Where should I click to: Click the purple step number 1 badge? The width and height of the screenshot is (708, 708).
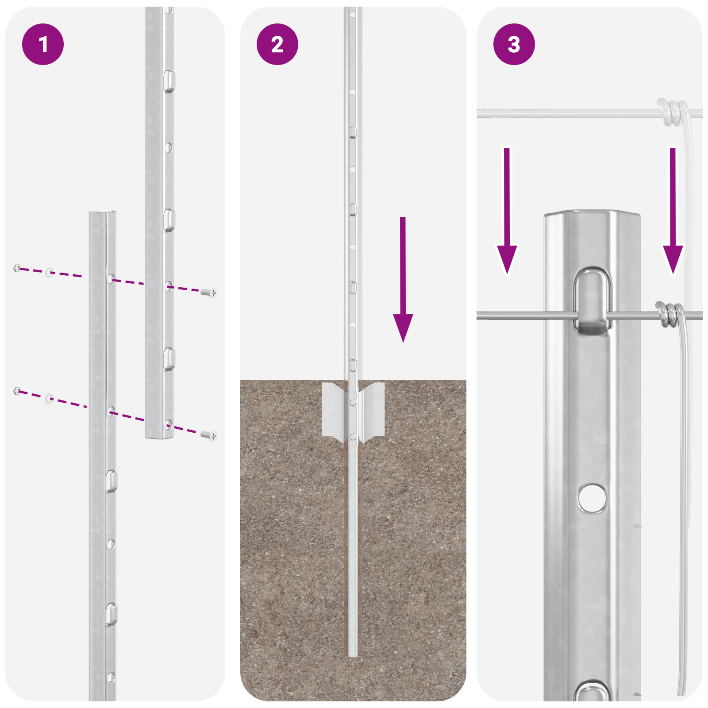(x=43, y=44)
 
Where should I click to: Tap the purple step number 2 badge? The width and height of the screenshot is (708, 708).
(x=277, y=44)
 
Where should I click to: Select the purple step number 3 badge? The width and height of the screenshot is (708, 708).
(x=514, y=44)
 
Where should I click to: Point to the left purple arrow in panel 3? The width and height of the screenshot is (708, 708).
(x=507, y=212)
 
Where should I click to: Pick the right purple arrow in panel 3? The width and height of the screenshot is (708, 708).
(x=673, y=212)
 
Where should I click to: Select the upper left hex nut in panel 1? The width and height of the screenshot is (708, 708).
(x=17, y=268)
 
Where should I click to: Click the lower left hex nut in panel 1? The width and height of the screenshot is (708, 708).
(x=17, y=390)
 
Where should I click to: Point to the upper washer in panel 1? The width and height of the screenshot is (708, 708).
(x=49, y=272)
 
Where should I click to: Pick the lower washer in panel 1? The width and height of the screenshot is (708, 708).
(x=49, y=398)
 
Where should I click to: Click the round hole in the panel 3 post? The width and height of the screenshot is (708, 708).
(x=592, y=498)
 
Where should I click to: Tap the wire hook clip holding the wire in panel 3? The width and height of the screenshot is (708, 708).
(x=593, y=301)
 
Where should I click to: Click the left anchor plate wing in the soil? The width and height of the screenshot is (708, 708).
(x=333, y=409)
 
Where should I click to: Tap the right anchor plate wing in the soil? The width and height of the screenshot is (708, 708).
(x=373, y=409)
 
